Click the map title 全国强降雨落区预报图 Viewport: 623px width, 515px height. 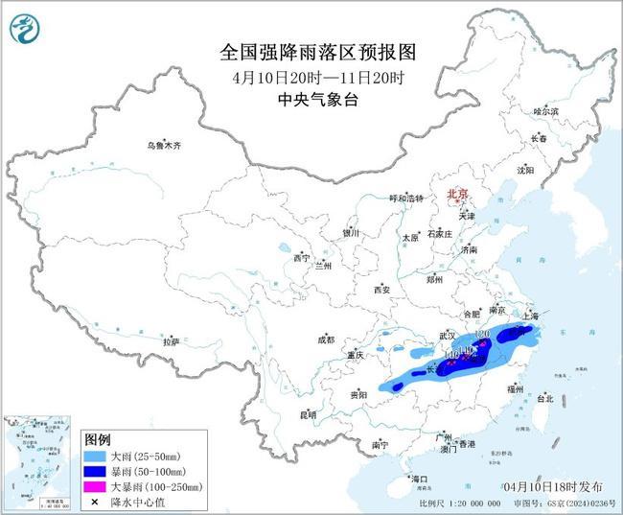[311, 50]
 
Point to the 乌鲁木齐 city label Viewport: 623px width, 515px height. [163, 146]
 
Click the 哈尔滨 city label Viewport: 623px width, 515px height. [545, 111]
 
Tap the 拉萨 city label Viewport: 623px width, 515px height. [172, 342]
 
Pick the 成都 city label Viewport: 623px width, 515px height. [326, 339]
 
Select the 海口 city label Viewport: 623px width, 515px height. [418, 478]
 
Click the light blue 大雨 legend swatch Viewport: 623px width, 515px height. [96, 455]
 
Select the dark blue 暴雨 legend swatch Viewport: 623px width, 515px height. [96, 471]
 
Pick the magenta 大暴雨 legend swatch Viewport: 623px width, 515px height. [96, 487]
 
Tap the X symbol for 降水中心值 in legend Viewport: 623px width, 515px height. [96, 503]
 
